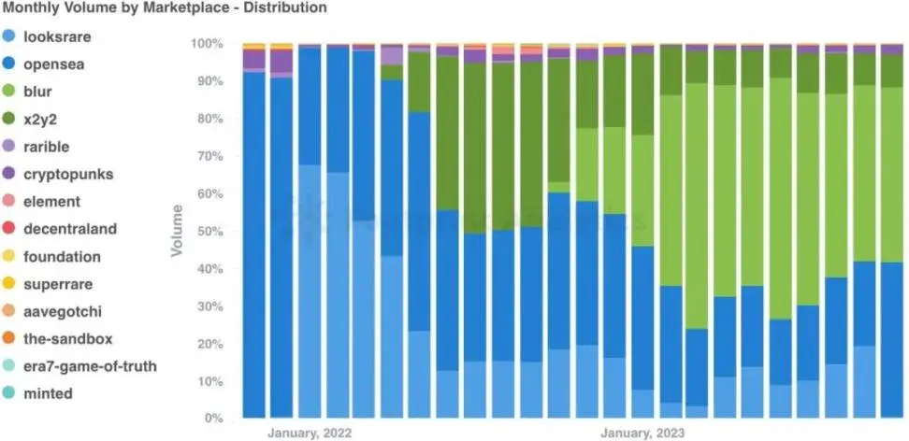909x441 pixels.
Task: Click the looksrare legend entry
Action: click(x=57, y=37)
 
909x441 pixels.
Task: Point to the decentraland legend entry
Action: click(x=67, y=228)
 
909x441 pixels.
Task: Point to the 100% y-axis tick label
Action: click(x=207, y=44)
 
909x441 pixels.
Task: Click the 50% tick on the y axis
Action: click(x=209, y=231)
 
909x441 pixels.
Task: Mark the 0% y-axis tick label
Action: click(x=212, y=419)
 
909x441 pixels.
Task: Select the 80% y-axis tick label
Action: click(x=209, y=119)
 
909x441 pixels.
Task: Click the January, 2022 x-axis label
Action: click(x=310, y=434)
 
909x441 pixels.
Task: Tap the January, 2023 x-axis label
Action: click(x=642, y=434)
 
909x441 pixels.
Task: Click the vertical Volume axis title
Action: click(x=176, y=231)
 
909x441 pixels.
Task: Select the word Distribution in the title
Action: click(x=283, y=8)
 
